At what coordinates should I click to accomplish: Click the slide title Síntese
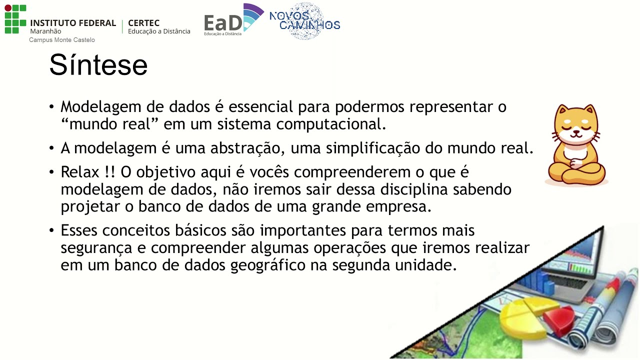[x=98, y=65]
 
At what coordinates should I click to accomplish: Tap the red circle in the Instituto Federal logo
[x=7, y=8]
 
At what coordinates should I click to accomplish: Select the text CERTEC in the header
[x=143, y=23]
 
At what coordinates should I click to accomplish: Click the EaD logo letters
[x=223, y=23]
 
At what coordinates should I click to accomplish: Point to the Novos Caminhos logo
[x=304, y=20]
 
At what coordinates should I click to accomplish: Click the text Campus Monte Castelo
[x=61, y=40]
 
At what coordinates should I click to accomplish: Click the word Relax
[x=80, y=172]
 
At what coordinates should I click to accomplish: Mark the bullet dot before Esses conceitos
[x=52, y=231]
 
